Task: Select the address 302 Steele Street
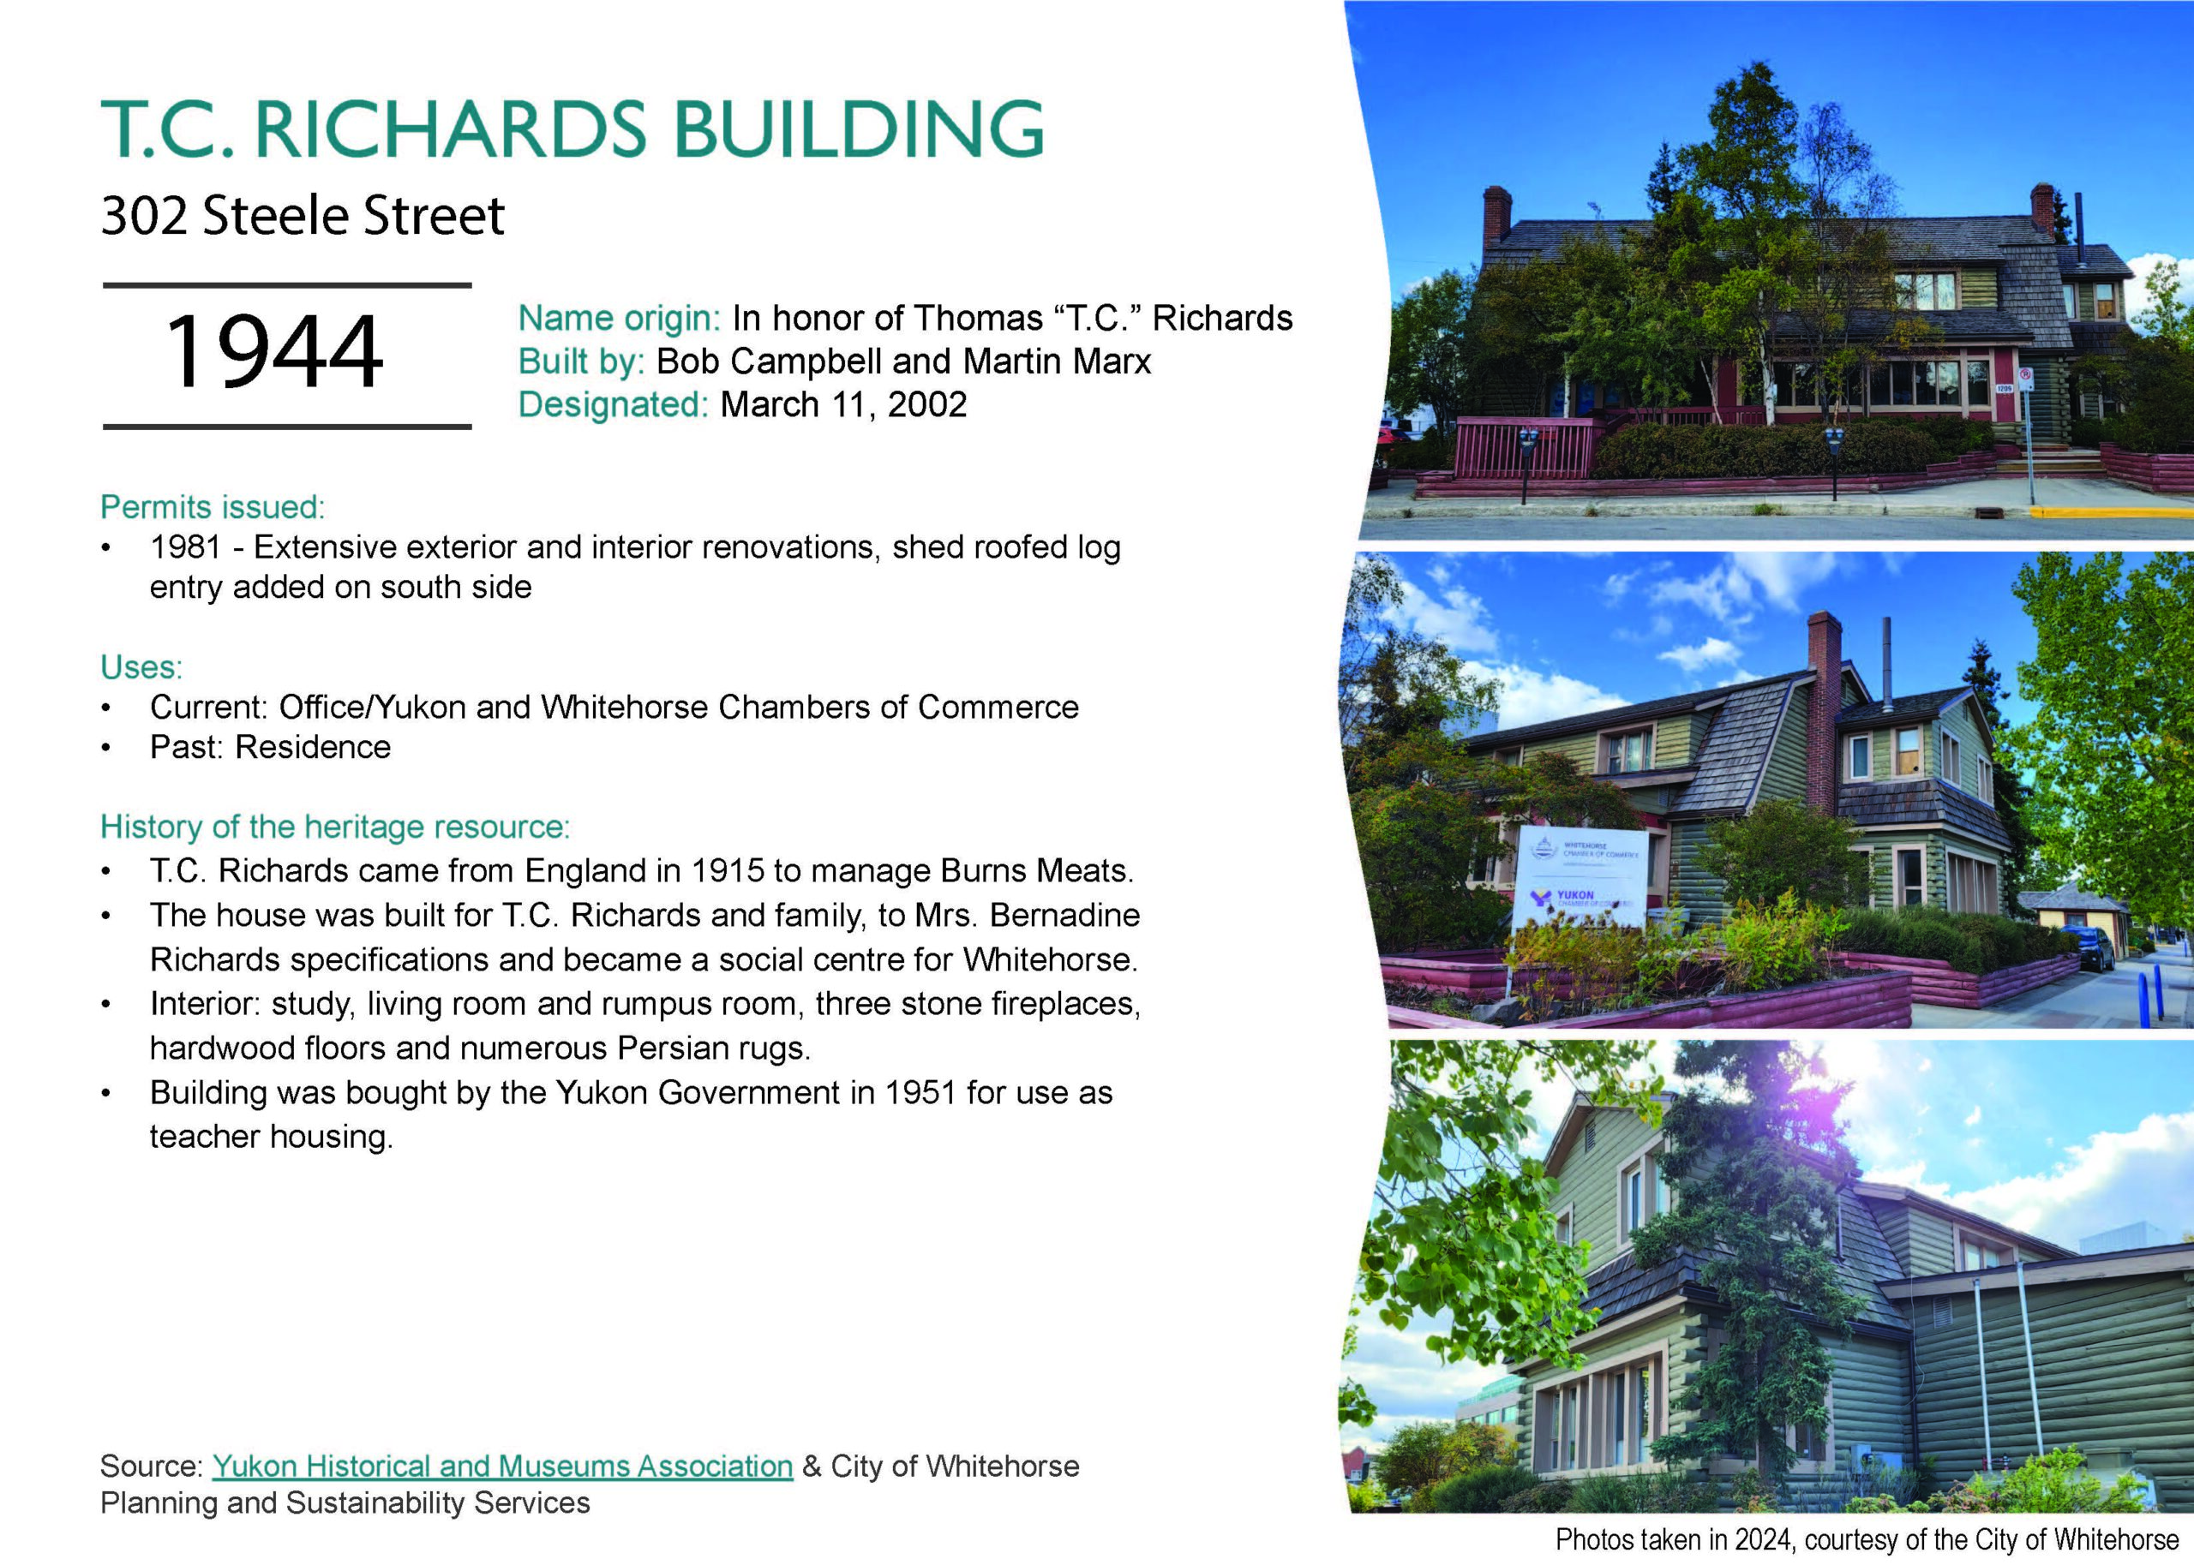click(303, 215)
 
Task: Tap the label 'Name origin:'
click(619, 318)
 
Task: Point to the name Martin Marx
click(1057, 361)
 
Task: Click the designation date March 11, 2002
click(843, 404)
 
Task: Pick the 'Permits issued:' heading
click(213, 507)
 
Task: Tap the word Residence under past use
click(314, 747)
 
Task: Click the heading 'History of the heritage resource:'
click(335, 827)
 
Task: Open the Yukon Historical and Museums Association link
click(502, 1466)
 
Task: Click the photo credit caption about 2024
click(1867, 1540)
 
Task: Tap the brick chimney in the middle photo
click(1824, 713)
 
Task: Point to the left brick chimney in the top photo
click(1497, 214)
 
